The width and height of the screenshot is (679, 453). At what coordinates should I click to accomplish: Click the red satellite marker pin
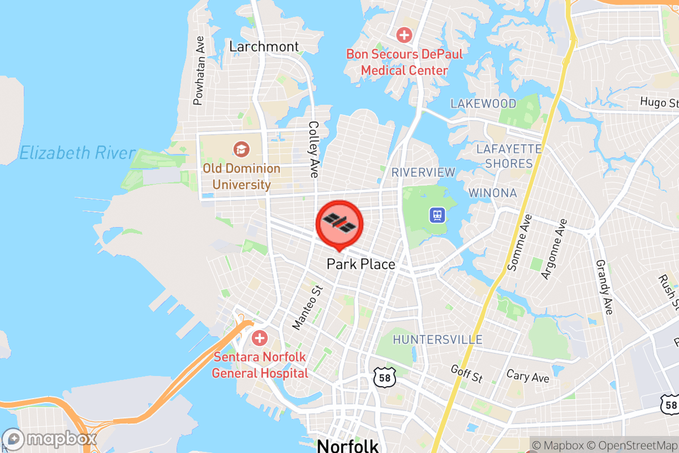[338, 223]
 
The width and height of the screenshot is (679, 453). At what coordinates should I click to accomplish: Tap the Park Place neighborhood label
[361, 264]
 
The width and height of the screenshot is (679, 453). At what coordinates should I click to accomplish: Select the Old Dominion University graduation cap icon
[241, 149]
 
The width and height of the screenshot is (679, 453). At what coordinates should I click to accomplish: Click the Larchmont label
[264, 46]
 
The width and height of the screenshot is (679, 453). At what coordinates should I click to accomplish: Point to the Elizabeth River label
[77, 153]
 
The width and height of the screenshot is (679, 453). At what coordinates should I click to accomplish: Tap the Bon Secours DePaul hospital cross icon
[404, 35]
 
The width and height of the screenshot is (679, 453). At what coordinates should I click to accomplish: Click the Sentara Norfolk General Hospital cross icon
[260, 339]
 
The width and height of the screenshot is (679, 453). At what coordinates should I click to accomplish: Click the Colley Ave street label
[313, 149]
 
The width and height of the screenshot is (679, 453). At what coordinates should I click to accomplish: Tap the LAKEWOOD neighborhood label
[483, 104]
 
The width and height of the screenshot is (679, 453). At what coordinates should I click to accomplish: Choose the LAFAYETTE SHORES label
[509, 156]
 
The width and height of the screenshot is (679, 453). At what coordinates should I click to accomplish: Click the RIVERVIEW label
[423, 172]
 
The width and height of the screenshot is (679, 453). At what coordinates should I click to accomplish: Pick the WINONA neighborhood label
[492, 193]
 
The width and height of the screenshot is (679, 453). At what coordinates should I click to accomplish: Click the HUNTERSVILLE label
[437, 340]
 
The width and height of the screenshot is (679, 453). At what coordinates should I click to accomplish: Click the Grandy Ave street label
[605, 287]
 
